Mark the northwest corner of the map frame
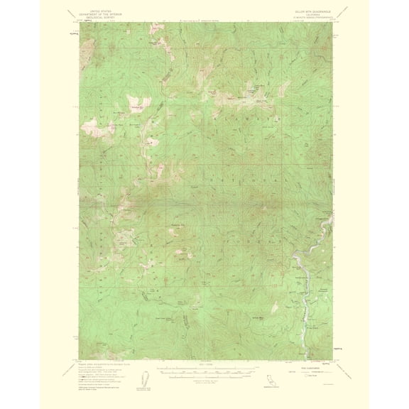[80, 22]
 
